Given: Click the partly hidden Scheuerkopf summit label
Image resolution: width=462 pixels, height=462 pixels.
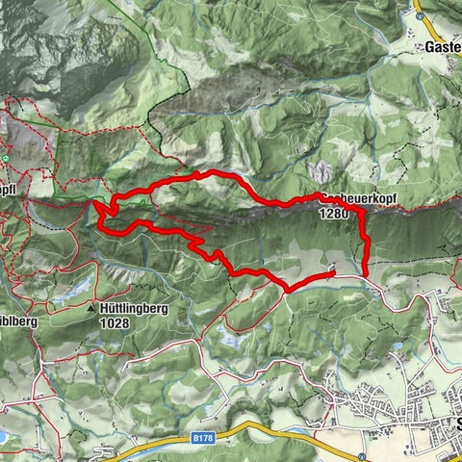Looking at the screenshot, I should point(357,198).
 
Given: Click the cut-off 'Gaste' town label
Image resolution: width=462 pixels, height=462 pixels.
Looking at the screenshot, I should point(443,46).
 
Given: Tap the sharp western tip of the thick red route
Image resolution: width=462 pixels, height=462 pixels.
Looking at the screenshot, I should point(94,202).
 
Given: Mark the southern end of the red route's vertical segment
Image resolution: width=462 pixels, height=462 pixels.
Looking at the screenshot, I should point(366,275).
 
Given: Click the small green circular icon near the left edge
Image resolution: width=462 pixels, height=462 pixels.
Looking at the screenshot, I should point(6,157).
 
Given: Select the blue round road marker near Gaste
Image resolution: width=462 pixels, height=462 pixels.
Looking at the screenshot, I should point(421,16).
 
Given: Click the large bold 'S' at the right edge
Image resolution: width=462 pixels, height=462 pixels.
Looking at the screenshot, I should point(458,424).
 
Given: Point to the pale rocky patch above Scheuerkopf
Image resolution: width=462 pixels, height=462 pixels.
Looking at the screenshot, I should point(318,171).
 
